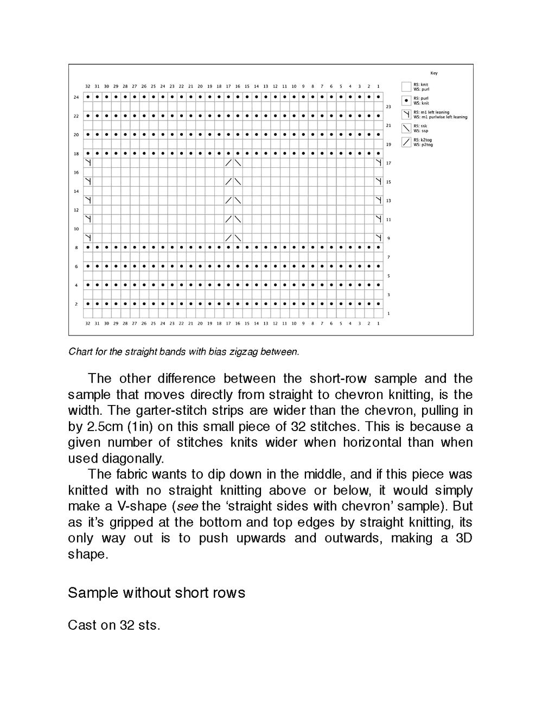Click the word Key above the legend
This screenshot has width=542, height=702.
coord(433,73)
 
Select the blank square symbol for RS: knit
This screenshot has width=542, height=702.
coord(405,86)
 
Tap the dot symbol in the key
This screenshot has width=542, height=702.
coord(405,100)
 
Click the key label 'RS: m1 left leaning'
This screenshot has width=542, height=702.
coord(431,112)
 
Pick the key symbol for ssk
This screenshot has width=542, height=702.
coord(405,128)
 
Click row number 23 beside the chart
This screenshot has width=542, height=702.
coord(388,107)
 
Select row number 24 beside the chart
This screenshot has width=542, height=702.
coord(76,97)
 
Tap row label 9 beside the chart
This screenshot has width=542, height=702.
coord(388,238)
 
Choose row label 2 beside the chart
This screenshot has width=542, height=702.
coord(76,304)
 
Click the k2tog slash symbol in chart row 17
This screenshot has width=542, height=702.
coord(228,163)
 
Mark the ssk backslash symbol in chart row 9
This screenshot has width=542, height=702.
coord(238,238)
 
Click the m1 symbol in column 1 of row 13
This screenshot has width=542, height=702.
coord(378,200)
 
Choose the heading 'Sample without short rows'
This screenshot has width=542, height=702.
coord(156,592)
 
